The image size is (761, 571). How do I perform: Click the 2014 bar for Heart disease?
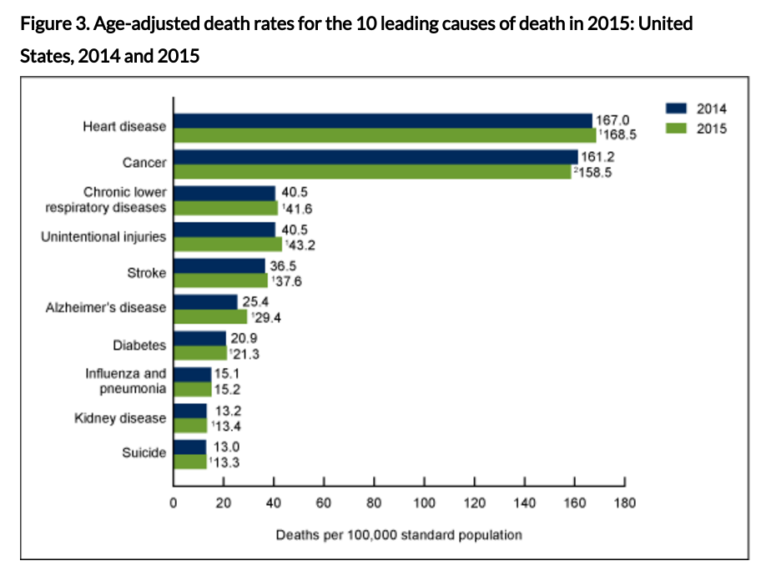(382, 120)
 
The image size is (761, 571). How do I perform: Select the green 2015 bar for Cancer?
(372, 172)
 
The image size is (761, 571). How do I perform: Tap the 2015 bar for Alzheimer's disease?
(210, 317)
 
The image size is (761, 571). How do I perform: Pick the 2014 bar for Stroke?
(219, 265)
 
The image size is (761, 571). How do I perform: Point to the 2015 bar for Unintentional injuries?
(227, 245)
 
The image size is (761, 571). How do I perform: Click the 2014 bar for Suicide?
(189, 447)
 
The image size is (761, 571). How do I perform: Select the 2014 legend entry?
(696, 109)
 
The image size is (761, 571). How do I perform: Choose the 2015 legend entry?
(696, 129)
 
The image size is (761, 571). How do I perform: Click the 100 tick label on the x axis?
(424, 503)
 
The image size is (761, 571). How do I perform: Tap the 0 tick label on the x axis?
(173, 503)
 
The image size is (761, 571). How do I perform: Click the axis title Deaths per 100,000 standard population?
(399, 534)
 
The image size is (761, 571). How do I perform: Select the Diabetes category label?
(139, 344)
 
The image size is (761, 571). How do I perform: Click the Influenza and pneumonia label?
(126, 381)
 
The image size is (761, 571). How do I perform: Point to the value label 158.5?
(592, 172)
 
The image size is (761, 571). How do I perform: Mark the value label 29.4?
(270, 317)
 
